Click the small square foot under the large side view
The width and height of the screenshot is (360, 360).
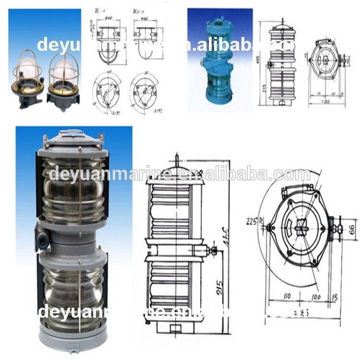pos(176,329)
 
